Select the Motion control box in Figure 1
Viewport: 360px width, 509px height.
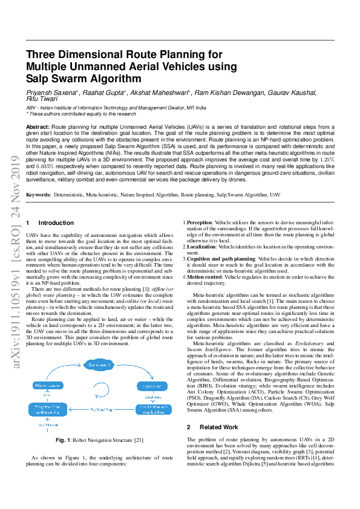(46, 385)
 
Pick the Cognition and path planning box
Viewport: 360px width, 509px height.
(46, 410)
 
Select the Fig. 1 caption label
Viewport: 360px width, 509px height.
(64, 440)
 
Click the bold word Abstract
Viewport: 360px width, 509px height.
(38, 126)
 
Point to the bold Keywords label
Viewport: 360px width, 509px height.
(39, 195)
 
